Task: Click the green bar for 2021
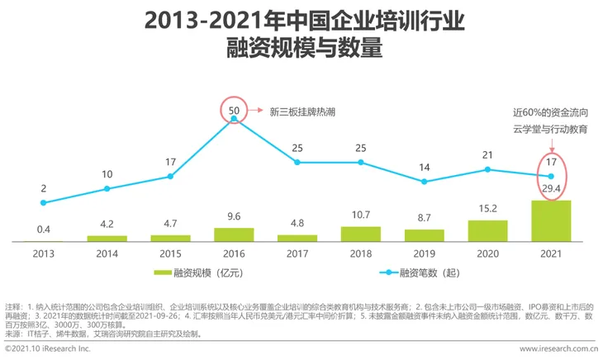pos(551,220)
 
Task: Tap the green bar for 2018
pos(361,234)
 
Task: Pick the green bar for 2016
pos(234,234)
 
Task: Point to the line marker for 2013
pos(43,202)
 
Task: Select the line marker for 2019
pos(425,183)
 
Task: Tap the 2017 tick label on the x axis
pos(297,254)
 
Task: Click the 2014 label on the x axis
pos(107,254)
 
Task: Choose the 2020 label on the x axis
pos(487,254)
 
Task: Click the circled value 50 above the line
pos(234,109)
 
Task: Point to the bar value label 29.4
pos(551,191)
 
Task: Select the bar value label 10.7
pos(361,216)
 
